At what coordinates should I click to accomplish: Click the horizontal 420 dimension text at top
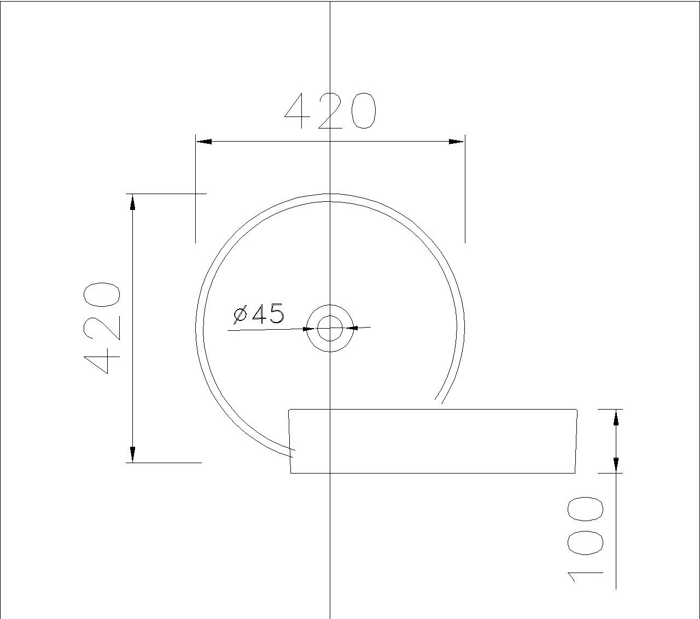tap(330, 111)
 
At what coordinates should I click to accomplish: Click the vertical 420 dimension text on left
tap(102, 328)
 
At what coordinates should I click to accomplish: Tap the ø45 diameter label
tap(259, 314)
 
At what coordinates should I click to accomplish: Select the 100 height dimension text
tap(585, 539)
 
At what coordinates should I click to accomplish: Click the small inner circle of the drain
tap(330, 328)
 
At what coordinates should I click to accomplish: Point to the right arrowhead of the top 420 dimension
tap(456, 142)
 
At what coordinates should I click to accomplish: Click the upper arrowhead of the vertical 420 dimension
tap(132, 202)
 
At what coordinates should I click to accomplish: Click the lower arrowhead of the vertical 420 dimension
tap(132, 454)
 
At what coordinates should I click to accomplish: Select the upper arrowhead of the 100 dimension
tap(616, 418)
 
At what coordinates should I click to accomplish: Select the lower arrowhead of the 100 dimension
tap(616, 464)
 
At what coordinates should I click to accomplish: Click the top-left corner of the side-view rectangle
tap(289, 409)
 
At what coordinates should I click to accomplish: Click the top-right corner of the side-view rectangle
tap(577, 409)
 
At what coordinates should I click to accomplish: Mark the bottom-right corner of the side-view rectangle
tap(575, 473)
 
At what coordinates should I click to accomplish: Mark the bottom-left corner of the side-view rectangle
tap(290, 473)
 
